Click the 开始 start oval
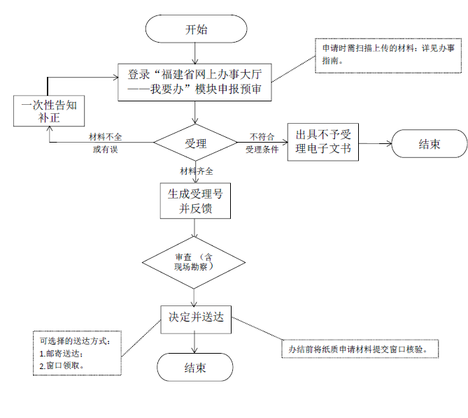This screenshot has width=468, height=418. point(196,29)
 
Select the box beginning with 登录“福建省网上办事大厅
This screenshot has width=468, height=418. point(195,82)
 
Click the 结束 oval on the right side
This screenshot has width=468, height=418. point(429,145)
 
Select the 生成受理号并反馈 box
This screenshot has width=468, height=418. point(195,201)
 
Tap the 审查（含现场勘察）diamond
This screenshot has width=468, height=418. point(195,263)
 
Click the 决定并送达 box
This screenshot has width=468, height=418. point(195,317)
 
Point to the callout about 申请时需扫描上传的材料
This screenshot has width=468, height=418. point(388,55)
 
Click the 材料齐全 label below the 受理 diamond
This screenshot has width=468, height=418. point(197,171)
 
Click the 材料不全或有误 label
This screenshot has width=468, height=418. point(105,143)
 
